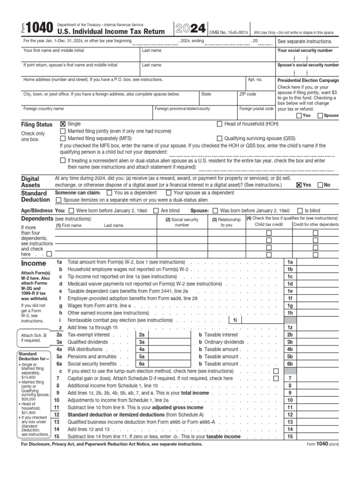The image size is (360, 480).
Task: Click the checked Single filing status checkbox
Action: (x=63, y=124)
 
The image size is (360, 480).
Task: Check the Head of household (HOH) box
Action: (x=219, y=124)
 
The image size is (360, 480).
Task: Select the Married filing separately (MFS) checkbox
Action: (x=63, y=139)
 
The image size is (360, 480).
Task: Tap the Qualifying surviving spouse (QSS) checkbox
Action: (x=219, y=139)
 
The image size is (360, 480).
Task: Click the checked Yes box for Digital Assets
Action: (x=299, y=185)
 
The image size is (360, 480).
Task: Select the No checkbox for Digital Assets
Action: (x=320, y=185)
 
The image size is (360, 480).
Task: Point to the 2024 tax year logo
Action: (x=190, y=29)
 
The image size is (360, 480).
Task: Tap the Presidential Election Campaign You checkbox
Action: (x=299, y=115)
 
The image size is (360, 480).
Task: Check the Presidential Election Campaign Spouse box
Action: (x=320, y=115)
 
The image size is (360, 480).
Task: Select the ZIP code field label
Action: (x=247, y=94)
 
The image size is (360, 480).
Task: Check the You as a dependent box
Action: (x=110, y=193)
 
